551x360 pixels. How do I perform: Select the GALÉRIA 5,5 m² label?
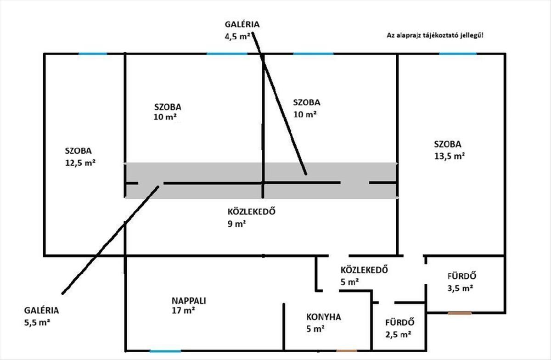(42, 316)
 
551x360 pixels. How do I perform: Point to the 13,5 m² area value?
(449, 156)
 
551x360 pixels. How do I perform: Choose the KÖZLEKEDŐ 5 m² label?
(364, 276)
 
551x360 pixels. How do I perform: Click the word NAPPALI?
(189, 301)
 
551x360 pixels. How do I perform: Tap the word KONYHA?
(323, 317)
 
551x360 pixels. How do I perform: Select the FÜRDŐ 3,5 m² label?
(461, 282)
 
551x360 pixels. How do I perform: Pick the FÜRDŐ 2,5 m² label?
(399, 328)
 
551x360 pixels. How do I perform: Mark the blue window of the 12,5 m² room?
(93, 54)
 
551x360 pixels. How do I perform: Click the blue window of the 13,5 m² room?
(458, 54)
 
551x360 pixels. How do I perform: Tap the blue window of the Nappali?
(165, 351)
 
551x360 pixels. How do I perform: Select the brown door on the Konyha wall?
(347, 351)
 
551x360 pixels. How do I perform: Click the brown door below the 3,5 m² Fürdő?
(460, 313)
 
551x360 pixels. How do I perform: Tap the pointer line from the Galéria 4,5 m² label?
(280, 106)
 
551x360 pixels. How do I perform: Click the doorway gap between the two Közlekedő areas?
(339, 255)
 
